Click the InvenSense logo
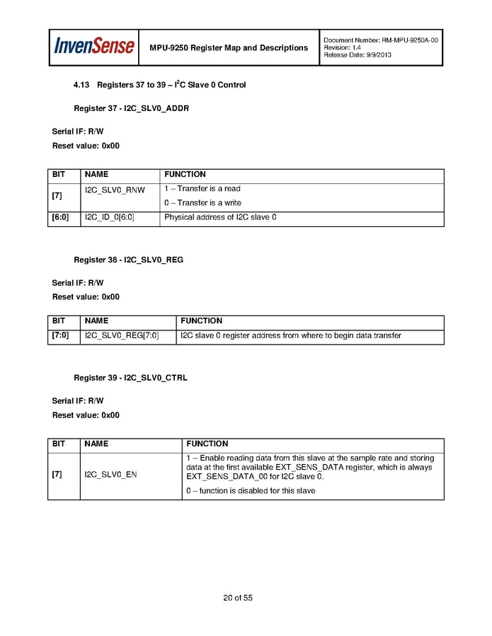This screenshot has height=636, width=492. coord(94,47)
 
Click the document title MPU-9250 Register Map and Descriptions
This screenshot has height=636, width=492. coord(229,47)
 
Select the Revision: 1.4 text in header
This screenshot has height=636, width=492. coord(342,47)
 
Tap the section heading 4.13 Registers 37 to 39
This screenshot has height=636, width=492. coord(159,86)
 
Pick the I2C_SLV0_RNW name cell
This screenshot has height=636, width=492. coord(115,190)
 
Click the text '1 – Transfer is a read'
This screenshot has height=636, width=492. coord(202,189)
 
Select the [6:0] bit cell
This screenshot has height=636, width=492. coord(61,217)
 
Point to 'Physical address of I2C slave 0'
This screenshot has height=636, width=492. coord(220,217)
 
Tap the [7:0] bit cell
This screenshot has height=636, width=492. coord(61,335)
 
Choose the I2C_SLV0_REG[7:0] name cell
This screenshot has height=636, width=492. coord(122,335)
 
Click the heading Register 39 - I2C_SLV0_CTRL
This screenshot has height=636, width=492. coord(130,378)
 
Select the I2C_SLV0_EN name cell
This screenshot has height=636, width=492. coord(111,474)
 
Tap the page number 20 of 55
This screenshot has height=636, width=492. coord(238,598)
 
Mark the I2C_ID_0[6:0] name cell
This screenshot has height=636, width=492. coord(110,217)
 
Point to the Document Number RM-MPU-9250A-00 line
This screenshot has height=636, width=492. coord(381,40)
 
